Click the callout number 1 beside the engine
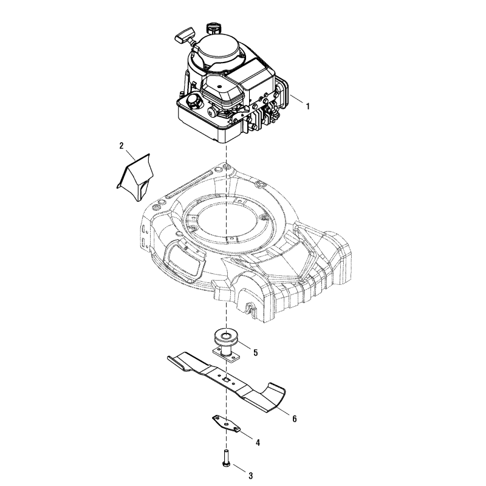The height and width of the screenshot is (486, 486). click(308, 106)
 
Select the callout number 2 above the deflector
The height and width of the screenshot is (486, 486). click(122, 146)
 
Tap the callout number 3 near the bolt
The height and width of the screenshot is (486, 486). click(250, 476)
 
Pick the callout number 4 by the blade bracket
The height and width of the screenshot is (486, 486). click(258, 443)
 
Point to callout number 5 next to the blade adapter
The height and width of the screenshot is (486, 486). click(255, 352)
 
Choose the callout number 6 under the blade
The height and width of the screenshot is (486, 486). click(294, 419)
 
